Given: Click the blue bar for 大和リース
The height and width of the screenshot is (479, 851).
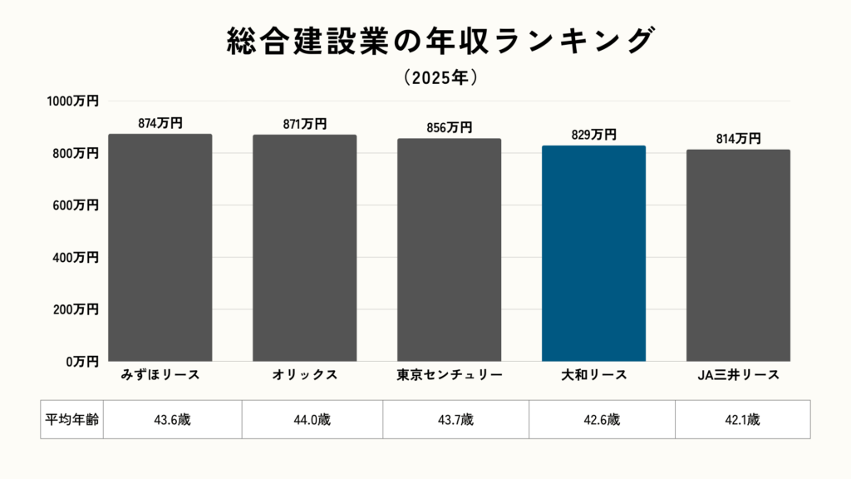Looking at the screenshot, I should (x=593, y=254).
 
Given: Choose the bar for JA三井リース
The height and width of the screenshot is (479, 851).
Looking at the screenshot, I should (x=738, y=255).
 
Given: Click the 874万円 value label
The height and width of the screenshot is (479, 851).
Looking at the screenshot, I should (x=160, y=123).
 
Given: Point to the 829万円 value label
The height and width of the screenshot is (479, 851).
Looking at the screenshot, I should (x=593, y=135).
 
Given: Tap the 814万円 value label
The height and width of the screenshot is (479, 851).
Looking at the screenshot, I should (x=738, y=139).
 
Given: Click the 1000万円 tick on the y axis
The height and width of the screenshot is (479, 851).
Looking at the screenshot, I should (x=72, y=101).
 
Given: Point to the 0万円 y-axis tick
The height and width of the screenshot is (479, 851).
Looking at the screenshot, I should (x=81, y=362).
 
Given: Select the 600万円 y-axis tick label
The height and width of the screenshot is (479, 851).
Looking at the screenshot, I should (x=76, y=205).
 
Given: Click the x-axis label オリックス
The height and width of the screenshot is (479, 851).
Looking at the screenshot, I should (x=305, y=375).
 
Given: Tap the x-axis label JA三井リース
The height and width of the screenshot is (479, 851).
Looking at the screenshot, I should (x=738, y=375).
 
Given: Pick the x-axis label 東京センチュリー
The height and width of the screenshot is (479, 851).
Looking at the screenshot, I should (x=449, y=375).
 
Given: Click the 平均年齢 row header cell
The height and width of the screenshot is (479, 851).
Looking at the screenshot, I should (x=71, y=420).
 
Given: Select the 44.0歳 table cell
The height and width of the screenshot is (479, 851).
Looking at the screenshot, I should (x=312, y=420).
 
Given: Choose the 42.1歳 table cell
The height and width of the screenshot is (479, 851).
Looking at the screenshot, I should (x=742, y=420).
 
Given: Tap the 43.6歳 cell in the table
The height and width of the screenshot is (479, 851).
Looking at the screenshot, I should (x=173, y=420).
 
